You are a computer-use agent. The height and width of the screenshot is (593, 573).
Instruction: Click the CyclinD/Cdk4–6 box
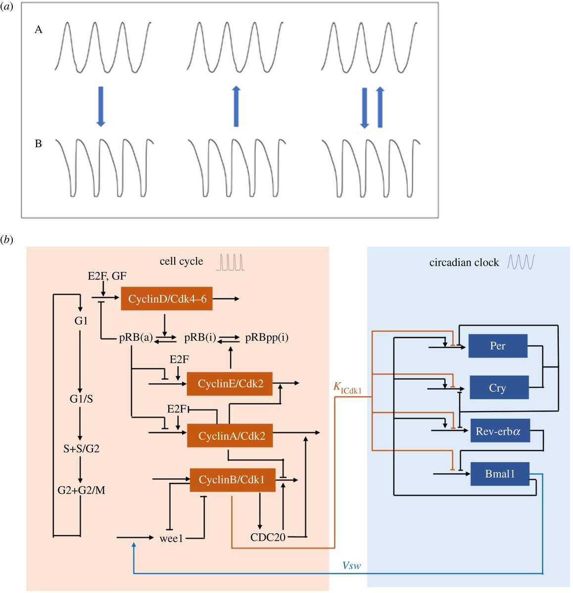[x=167, y=298]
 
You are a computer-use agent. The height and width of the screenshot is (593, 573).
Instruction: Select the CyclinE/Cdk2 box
[x=230, y=383]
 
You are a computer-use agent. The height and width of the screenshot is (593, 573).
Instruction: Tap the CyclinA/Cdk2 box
[x=230, y=435]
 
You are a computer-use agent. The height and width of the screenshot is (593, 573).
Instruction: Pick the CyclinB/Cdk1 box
[x=232, y=479]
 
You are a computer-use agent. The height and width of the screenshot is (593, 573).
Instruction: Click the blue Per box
[x=497, y=345]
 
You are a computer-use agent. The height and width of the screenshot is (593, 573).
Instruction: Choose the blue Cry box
[x=497, y=387]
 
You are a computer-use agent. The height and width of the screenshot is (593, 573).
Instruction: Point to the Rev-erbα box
[x=499, y=431]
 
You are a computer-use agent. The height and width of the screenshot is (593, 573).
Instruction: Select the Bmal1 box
[x=500, y=473]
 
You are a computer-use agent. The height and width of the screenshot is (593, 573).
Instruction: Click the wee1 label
[x=171, y=538]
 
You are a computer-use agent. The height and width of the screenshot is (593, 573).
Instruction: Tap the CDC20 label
[x=268, y=537]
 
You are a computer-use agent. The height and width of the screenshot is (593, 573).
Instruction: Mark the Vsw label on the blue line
[x=351, y=565]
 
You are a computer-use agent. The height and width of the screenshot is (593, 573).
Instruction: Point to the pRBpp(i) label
[x=267, y=338]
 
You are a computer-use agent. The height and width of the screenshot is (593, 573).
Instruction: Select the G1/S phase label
[x=81, y=399]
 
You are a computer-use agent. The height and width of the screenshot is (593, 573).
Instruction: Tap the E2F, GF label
[x=107, y=276]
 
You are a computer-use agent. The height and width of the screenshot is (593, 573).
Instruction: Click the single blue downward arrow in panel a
[x=101, y=107]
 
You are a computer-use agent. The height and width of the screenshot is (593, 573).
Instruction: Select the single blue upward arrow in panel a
[x=237, y=107]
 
